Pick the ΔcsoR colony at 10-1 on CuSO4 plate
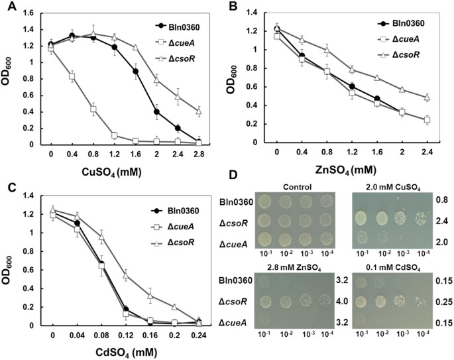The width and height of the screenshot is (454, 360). tap(362, 217)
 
